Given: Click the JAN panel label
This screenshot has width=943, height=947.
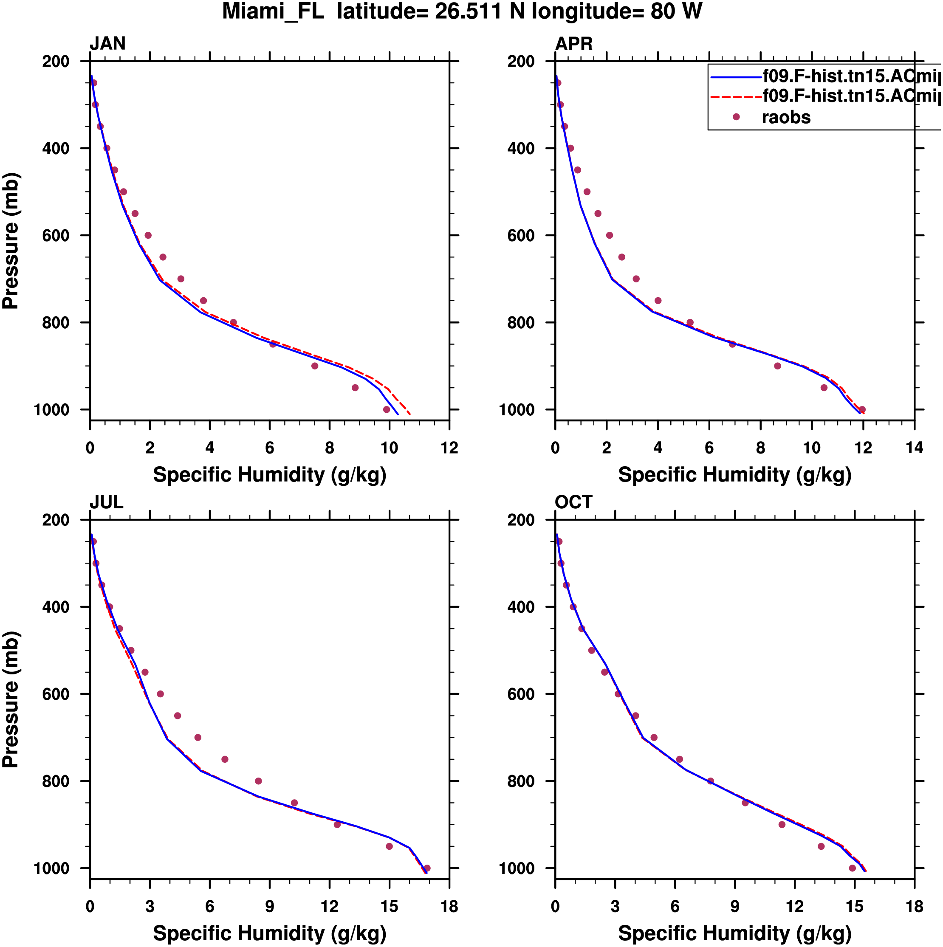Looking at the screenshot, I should tap(107, 44).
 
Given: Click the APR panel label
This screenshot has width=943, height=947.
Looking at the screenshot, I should tap(574, 44).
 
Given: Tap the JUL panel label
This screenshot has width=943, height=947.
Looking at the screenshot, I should tap(107, 502).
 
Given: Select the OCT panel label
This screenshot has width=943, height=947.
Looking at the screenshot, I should tap(574, 502).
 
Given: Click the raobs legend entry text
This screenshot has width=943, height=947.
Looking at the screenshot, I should tap(786, 118).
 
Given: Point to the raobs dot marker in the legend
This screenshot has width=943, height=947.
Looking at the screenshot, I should tap(736, 117).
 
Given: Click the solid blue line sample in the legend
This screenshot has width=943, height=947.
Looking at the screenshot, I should tap(736, 77).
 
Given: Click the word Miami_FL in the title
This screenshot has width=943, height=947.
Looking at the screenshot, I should tap(273, 12).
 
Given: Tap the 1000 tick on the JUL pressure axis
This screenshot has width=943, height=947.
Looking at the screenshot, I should tap(51, 868).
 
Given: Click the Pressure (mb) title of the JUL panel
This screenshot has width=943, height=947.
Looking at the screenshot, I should tap(11, 699).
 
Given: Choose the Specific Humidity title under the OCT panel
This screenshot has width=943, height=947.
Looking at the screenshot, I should tap(734, 933).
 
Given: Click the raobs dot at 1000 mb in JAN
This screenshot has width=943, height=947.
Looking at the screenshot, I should tap(387, 410).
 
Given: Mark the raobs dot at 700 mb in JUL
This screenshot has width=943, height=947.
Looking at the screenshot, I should tap(198, 738).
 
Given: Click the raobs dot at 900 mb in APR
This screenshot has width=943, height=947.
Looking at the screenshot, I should tap(777, 366).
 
